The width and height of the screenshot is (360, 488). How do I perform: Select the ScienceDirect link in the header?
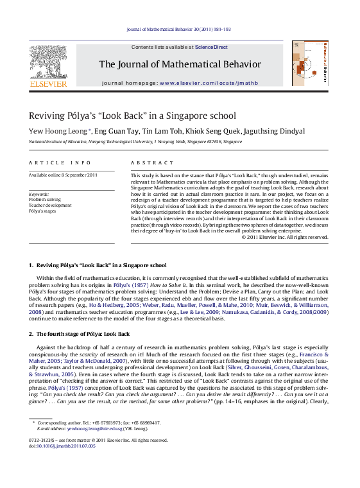(x=212, y=48)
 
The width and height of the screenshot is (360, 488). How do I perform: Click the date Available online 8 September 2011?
(x=63, y=175)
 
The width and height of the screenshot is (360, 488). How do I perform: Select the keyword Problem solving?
(x=45, y=200)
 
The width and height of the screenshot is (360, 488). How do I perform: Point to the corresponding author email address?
(x=101, y=428)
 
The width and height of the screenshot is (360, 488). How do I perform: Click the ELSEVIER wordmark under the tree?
(x=48, y=84)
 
